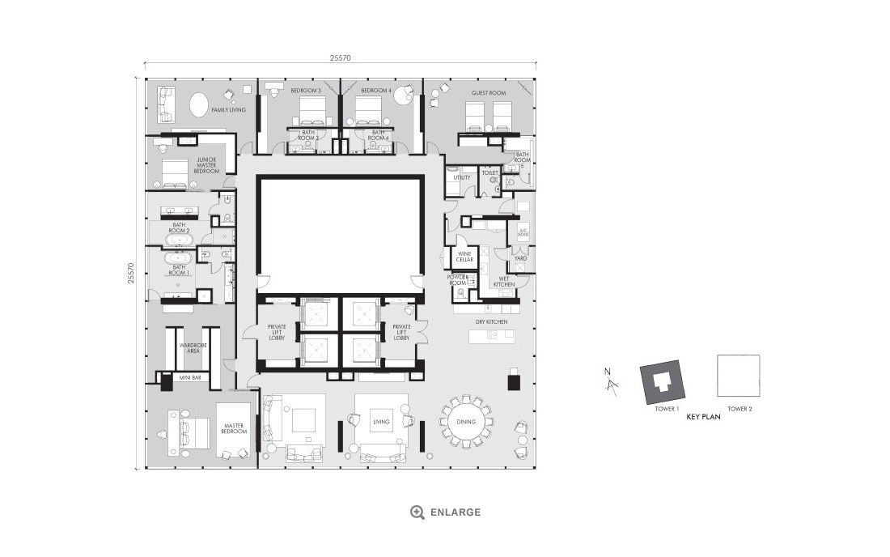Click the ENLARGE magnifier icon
coord(417,512)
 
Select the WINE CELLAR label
coord(464,257)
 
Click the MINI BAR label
coord(191,378)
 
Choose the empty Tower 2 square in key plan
coord(739,376)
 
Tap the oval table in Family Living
coord(198,105)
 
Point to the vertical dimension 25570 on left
coord(130,273)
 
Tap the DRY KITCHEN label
coord(492,322)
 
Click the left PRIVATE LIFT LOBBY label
coord(277,332)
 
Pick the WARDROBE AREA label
coord(191,348)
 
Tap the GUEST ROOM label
coord(489,93)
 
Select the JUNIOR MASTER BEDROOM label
coord(206,165)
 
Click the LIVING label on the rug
coord(380,422)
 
